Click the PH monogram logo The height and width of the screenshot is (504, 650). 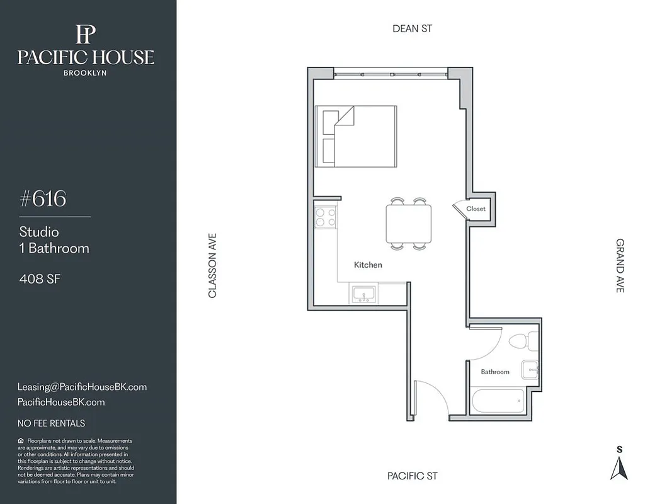[x=86, y=34]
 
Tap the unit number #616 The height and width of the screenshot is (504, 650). [x=43, y=199]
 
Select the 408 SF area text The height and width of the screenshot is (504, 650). [x=40, y=278]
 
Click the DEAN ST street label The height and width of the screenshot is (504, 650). [x=413, y=28]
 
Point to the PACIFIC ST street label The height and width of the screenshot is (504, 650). [x=413, y=476]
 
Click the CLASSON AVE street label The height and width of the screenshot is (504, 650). [x=212, y=266]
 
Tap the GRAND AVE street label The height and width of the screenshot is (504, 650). [x=620, y=265]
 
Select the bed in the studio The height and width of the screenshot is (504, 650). [x=356, y=136]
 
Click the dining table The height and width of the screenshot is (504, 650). [x=409, y=224]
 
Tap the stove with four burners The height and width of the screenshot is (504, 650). [x=325, y=217]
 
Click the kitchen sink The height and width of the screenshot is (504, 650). [x=363, y=293]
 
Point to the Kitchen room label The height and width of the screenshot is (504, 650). [x=368, y=265]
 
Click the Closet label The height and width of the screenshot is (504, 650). [x=476, y=209]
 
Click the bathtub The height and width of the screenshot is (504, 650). [x=498, y=401]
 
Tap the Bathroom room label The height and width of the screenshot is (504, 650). [x=495, y=372]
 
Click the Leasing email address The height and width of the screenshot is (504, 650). [x=82, y=387]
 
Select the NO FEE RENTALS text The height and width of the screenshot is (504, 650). [x=51, y=423]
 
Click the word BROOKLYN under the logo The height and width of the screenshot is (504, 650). [x=86, y=72]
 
